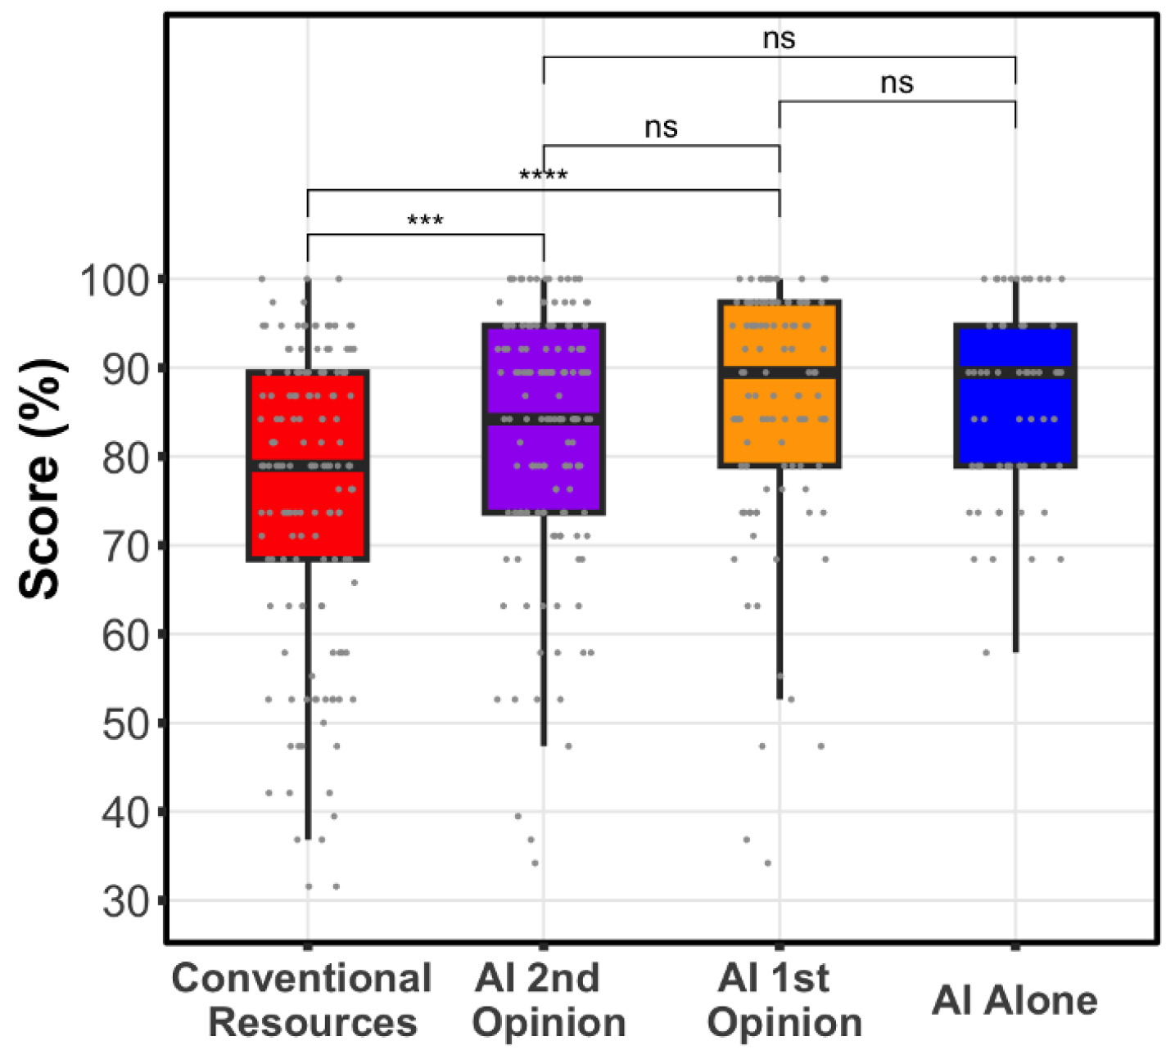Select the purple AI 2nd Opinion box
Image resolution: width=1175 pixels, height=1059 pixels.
(543, 458)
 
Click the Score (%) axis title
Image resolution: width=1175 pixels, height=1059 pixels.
(41, 479)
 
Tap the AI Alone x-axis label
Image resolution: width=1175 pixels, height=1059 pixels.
(1015, 1000)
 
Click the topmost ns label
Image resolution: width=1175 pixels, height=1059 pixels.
(779, 38)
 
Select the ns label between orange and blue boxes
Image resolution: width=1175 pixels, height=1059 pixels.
(897, 83)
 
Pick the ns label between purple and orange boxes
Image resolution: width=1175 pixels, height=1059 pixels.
(661, 127)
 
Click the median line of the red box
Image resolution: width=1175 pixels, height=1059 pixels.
(307, 466)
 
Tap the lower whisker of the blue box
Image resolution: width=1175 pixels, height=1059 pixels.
(1015, 565)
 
